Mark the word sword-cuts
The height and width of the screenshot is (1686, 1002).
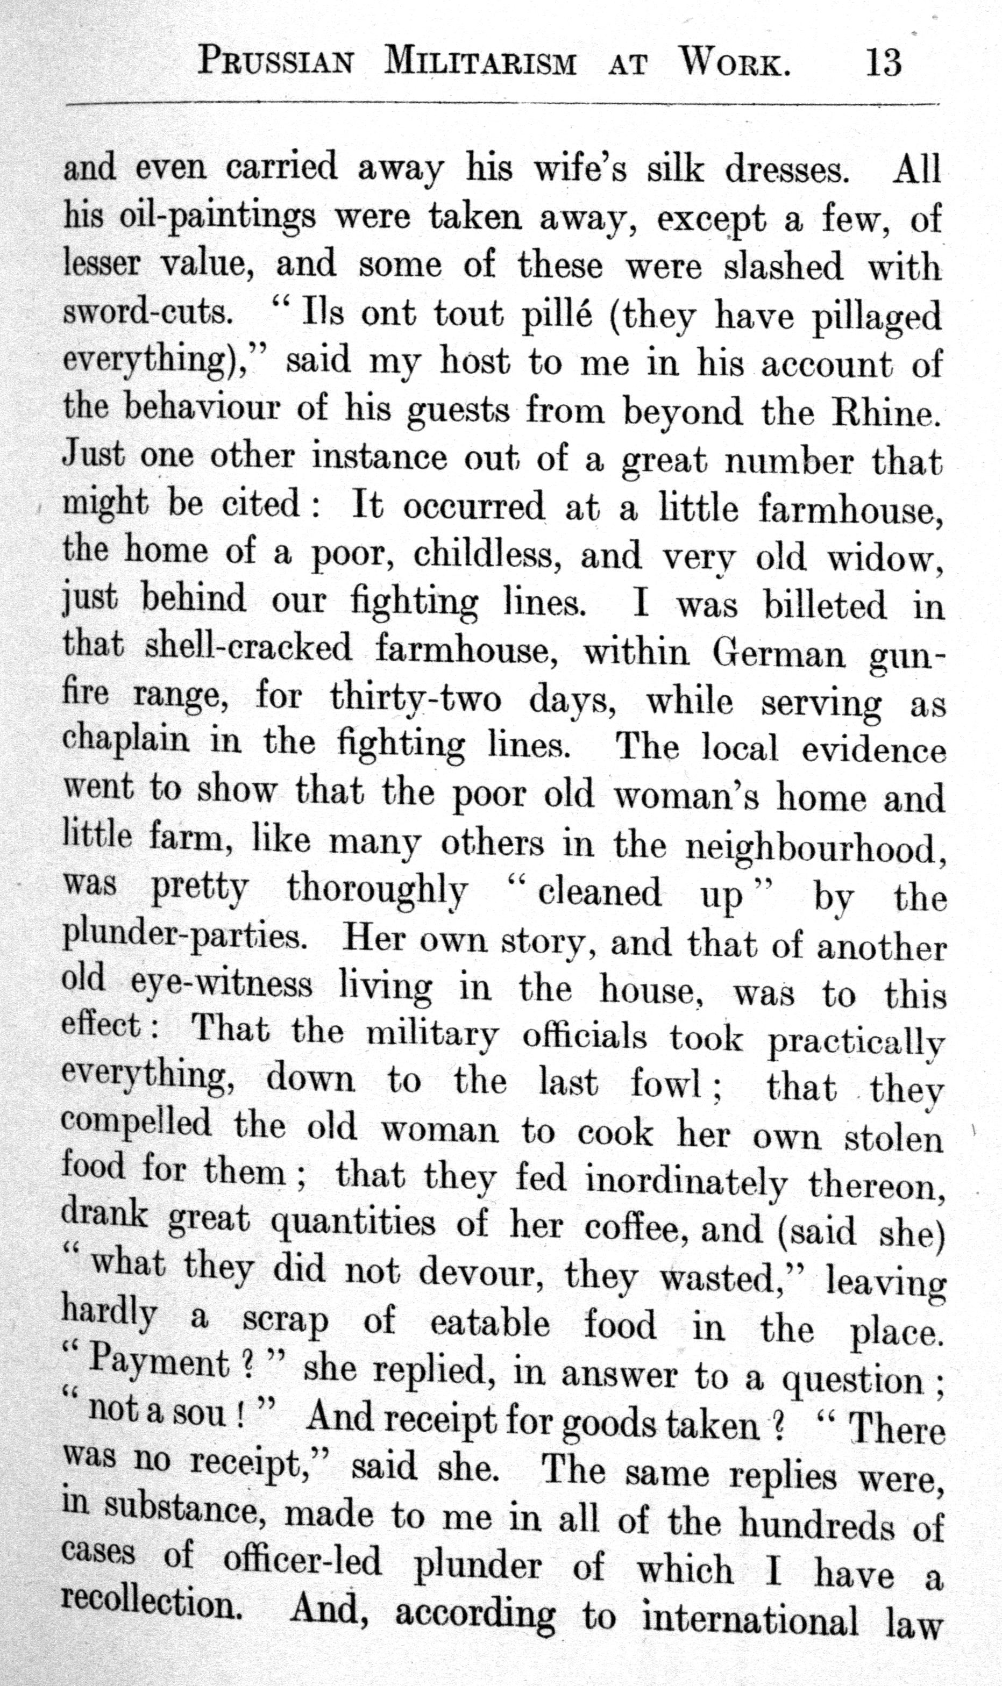pos(146,312)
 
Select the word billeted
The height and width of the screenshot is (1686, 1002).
pos(825,605)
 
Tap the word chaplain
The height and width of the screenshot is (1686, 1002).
pos(126,740)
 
